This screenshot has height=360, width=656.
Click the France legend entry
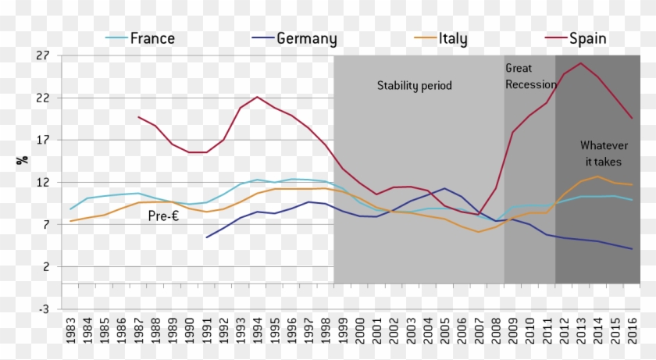pos(152,38)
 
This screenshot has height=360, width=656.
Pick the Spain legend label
pos(587,38)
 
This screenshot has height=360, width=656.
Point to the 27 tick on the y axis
pos(42,56)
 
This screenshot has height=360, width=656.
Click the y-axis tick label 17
pos(42,141)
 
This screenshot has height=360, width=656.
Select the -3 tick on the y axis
pos(44,308)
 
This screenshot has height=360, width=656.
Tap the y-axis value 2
pos(45,266)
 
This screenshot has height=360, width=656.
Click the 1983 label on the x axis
pos(71,332)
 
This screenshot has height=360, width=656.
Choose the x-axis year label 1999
pos(343,332)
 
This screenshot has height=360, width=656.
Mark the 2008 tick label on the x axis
pos(496,332)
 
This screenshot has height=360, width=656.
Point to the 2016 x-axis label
pos(632,332)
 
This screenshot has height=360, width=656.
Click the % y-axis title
pos(23,159)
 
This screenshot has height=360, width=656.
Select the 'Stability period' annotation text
pos(415,85)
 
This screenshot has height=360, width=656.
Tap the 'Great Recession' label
pos(530,77)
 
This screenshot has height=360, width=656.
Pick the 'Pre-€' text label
pos(164,216)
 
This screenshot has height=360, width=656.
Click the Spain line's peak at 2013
pos(580,63)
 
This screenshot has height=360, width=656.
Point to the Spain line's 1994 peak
pos(258,97)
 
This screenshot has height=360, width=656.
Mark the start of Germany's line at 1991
pos(207,237)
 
